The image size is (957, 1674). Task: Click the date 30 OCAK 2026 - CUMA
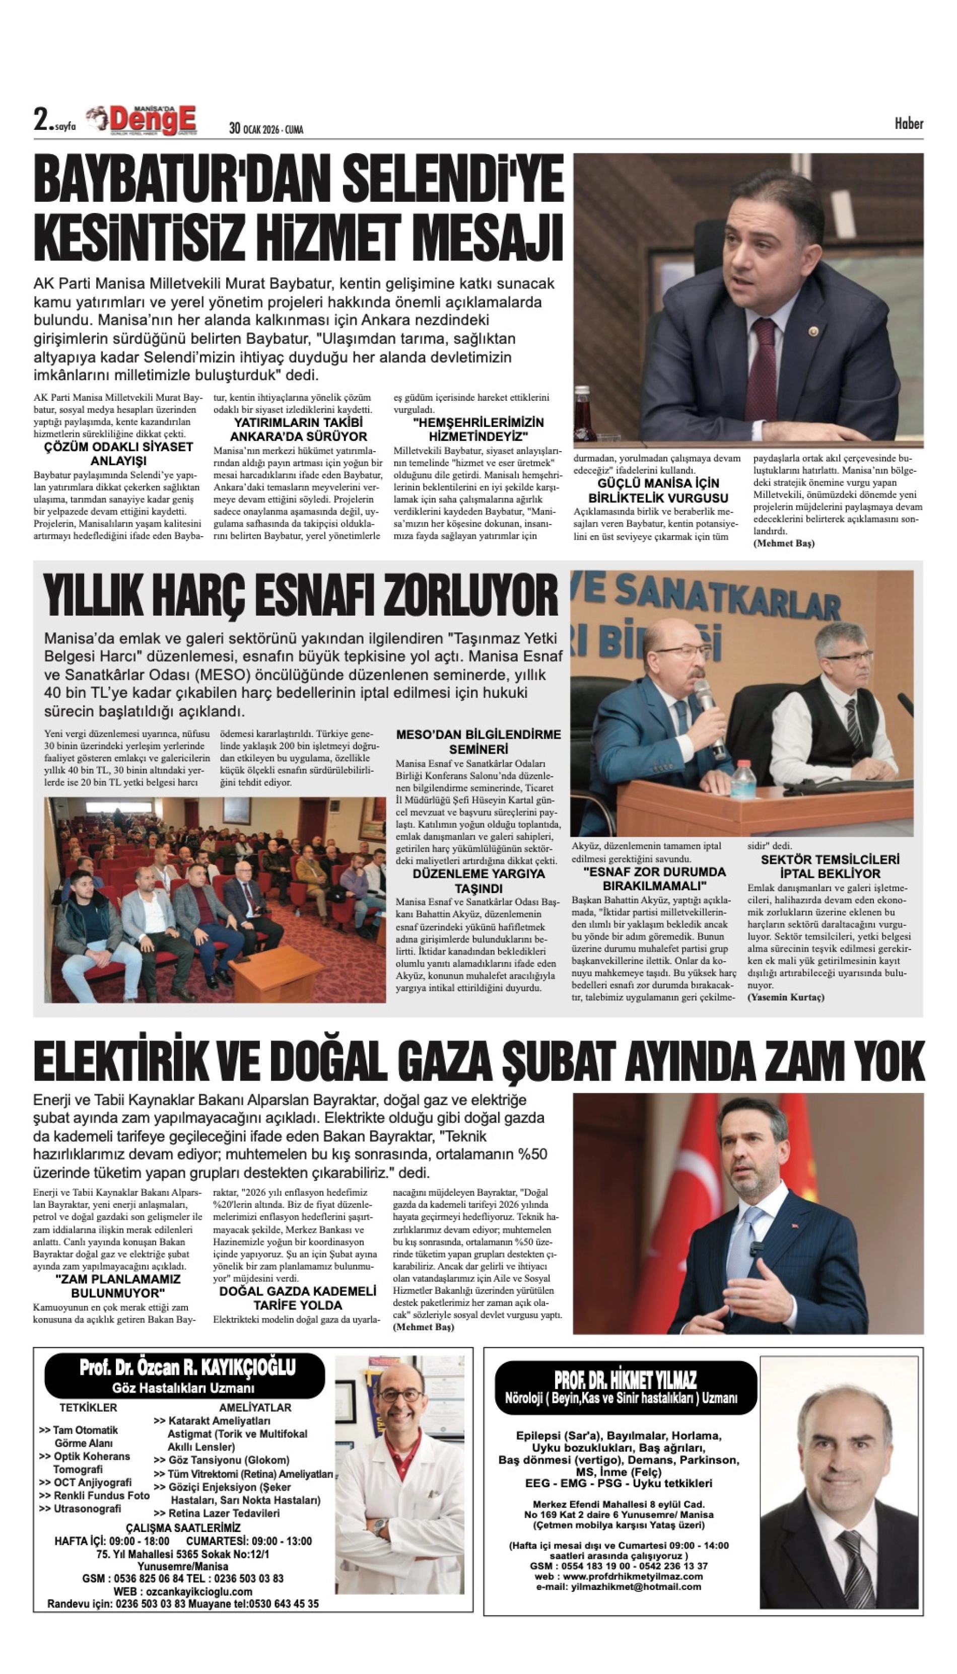[266, 129]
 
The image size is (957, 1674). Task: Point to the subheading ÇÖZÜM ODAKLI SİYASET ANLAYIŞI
[118, 453]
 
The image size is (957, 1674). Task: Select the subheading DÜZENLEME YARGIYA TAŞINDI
[478, 881]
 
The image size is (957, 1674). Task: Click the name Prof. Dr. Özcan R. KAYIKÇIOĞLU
[187, 1368]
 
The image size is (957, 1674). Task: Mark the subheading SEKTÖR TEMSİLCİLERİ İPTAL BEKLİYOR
[830, 866]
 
